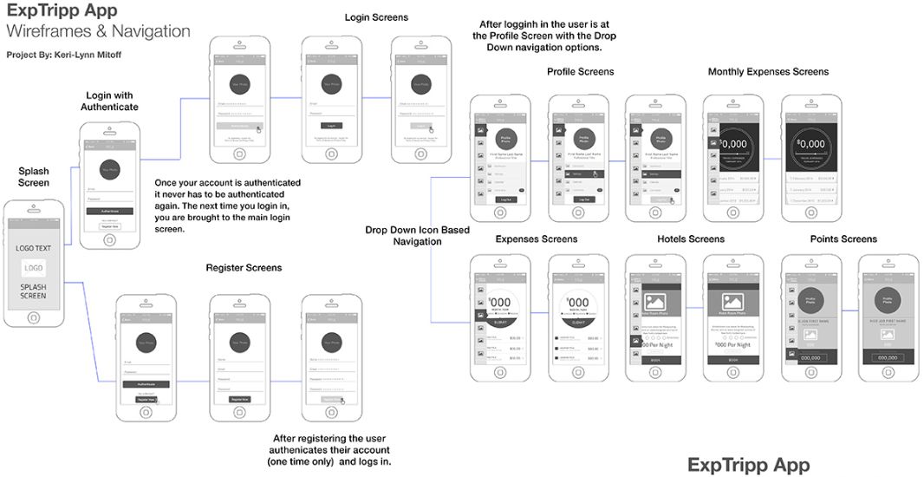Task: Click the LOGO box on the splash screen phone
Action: point(34,268)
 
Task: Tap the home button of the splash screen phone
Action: point(34,317)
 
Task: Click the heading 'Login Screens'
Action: point(376,17)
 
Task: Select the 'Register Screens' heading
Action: point(244,268)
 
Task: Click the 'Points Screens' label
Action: point(843,238)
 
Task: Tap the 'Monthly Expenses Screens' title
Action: point(768,72)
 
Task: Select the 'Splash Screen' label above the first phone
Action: point(34,178)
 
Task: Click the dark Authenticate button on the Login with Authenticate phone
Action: point(109,211)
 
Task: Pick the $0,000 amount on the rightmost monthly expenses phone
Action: point(810,143)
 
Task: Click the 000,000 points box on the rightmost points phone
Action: point(888,356)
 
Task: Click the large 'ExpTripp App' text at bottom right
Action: point(748,465)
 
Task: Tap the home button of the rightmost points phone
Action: point(888,373)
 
